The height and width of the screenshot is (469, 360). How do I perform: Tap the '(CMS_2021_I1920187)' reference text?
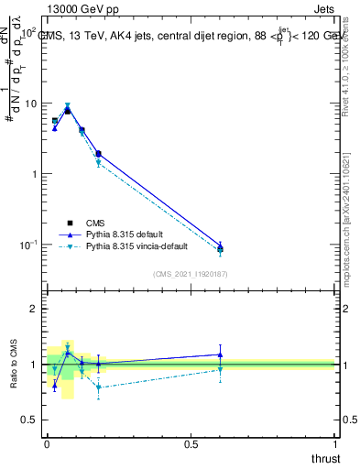point(190,273)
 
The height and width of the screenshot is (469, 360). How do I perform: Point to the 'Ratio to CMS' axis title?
point(13,365)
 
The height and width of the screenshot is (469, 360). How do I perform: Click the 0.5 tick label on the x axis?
point(191,443)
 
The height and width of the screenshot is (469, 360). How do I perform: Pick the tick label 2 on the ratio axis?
point(34,309)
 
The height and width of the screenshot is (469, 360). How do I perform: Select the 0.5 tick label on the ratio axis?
point(29,420)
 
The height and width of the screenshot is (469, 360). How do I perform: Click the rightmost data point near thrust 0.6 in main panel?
point(220,247)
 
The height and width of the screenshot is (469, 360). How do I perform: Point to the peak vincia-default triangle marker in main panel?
point(67,105)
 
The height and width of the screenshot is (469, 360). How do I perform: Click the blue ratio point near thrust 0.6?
point(220,354)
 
